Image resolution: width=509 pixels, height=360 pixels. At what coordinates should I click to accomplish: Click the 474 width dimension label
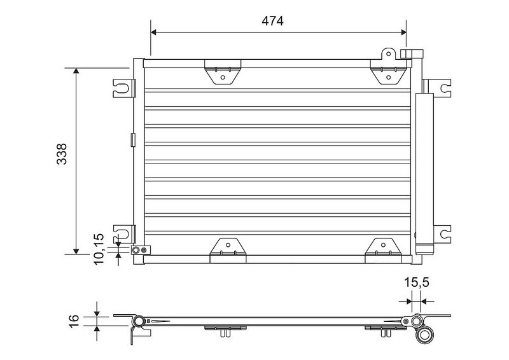(x=272, y=21)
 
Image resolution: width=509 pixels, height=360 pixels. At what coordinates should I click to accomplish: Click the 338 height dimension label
(x=62, y=154)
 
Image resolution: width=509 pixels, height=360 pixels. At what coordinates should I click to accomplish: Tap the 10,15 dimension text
(x=99, y=249)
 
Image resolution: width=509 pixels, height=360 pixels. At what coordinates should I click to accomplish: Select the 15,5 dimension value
(x=417, y=282)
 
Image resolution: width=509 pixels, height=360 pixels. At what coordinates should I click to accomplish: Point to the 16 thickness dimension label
(x=74, y=321)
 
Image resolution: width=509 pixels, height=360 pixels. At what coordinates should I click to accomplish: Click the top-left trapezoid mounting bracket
(x=223, y=72)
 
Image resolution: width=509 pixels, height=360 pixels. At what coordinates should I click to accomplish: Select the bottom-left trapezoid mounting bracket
(x=228, y=250)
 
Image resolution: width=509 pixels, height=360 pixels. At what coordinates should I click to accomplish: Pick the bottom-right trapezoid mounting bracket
(x=383, y=250)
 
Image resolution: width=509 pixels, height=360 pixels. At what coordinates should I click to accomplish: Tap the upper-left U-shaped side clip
(x=123, y=88)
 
